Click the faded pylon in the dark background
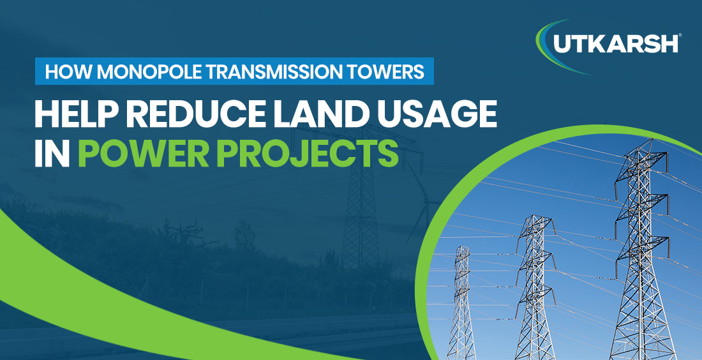pyautogui.click(x=361, y=211)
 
